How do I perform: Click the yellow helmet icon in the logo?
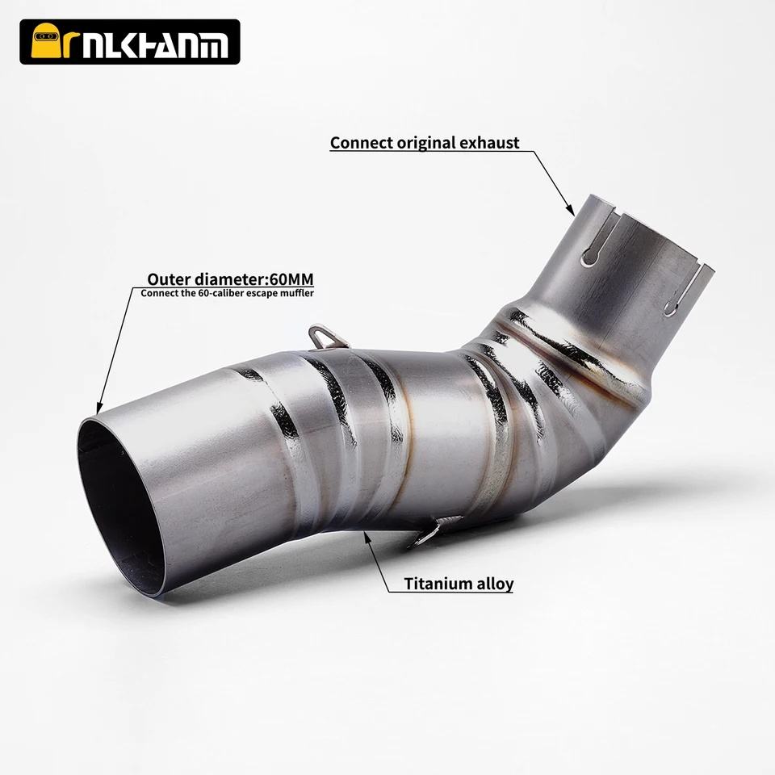[48, 41]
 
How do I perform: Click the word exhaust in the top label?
[489, 143]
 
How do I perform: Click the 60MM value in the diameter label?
[291, 279]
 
